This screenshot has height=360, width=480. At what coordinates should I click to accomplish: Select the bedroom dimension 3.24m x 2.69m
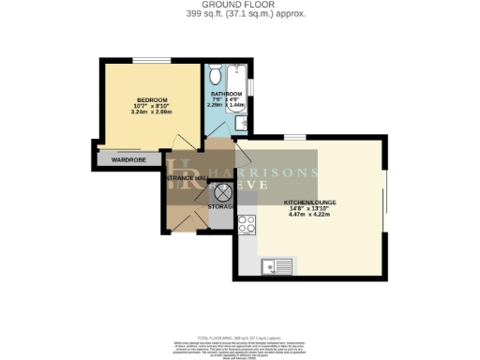(x=151, y=112)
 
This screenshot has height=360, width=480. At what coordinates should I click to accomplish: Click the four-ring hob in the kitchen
(x=247, y=224)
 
